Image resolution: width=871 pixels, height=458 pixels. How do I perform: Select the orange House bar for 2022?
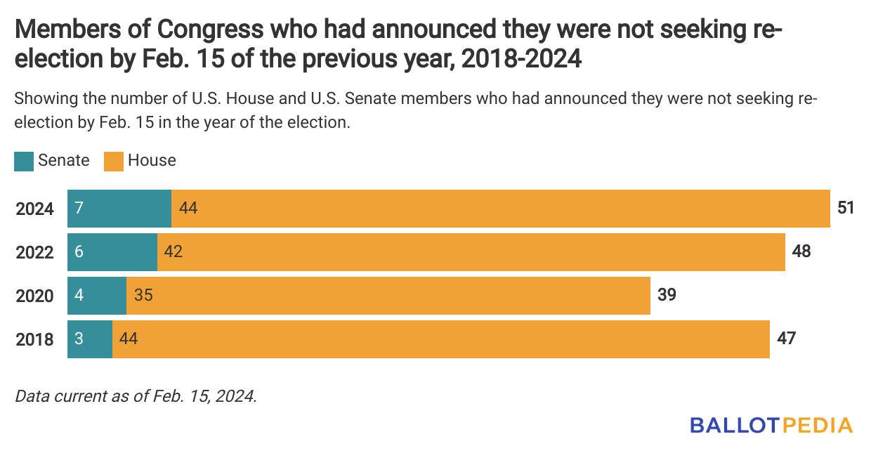click(471, 252)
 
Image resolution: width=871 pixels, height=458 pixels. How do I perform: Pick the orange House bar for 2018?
click(441, 339)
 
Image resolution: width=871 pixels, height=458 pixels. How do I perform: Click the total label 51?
click(845, 208)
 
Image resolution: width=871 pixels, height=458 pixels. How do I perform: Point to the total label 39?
click(667, 295)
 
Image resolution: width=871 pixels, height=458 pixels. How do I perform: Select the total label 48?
click(801, 251)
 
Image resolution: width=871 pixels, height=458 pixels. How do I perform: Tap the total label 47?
click(786, 339)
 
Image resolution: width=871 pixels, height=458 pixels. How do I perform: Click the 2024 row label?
click(34, 209)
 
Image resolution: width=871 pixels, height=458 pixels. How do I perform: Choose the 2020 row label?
click(34, 296)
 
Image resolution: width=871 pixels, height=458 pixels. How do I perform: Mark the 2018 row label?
click(34, 340)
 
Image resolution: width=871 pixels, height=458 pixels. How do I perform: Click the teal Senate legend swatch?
click(24, 161)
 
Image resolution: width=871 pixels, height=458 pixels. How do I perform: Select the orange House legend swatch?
click(113, 161)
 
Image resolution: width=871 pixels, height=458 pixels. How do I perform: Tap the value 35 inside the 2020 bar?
click(143, 296)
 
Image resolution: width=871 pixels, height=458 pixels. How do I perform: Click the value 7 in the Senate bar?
click(79, 209)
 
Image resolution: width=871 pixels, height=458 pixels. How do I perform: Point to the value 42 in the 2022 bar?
click(173, 252)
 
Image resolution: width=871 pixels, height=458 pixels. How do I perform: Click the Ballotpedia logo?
click(771, 425)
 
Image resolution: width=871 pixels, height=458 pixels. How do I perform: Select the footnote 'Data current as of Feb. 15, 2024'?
click(136, 395)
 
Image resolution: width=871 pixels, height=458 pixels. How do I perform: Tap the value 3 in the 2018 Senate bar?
click(79, 339)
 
